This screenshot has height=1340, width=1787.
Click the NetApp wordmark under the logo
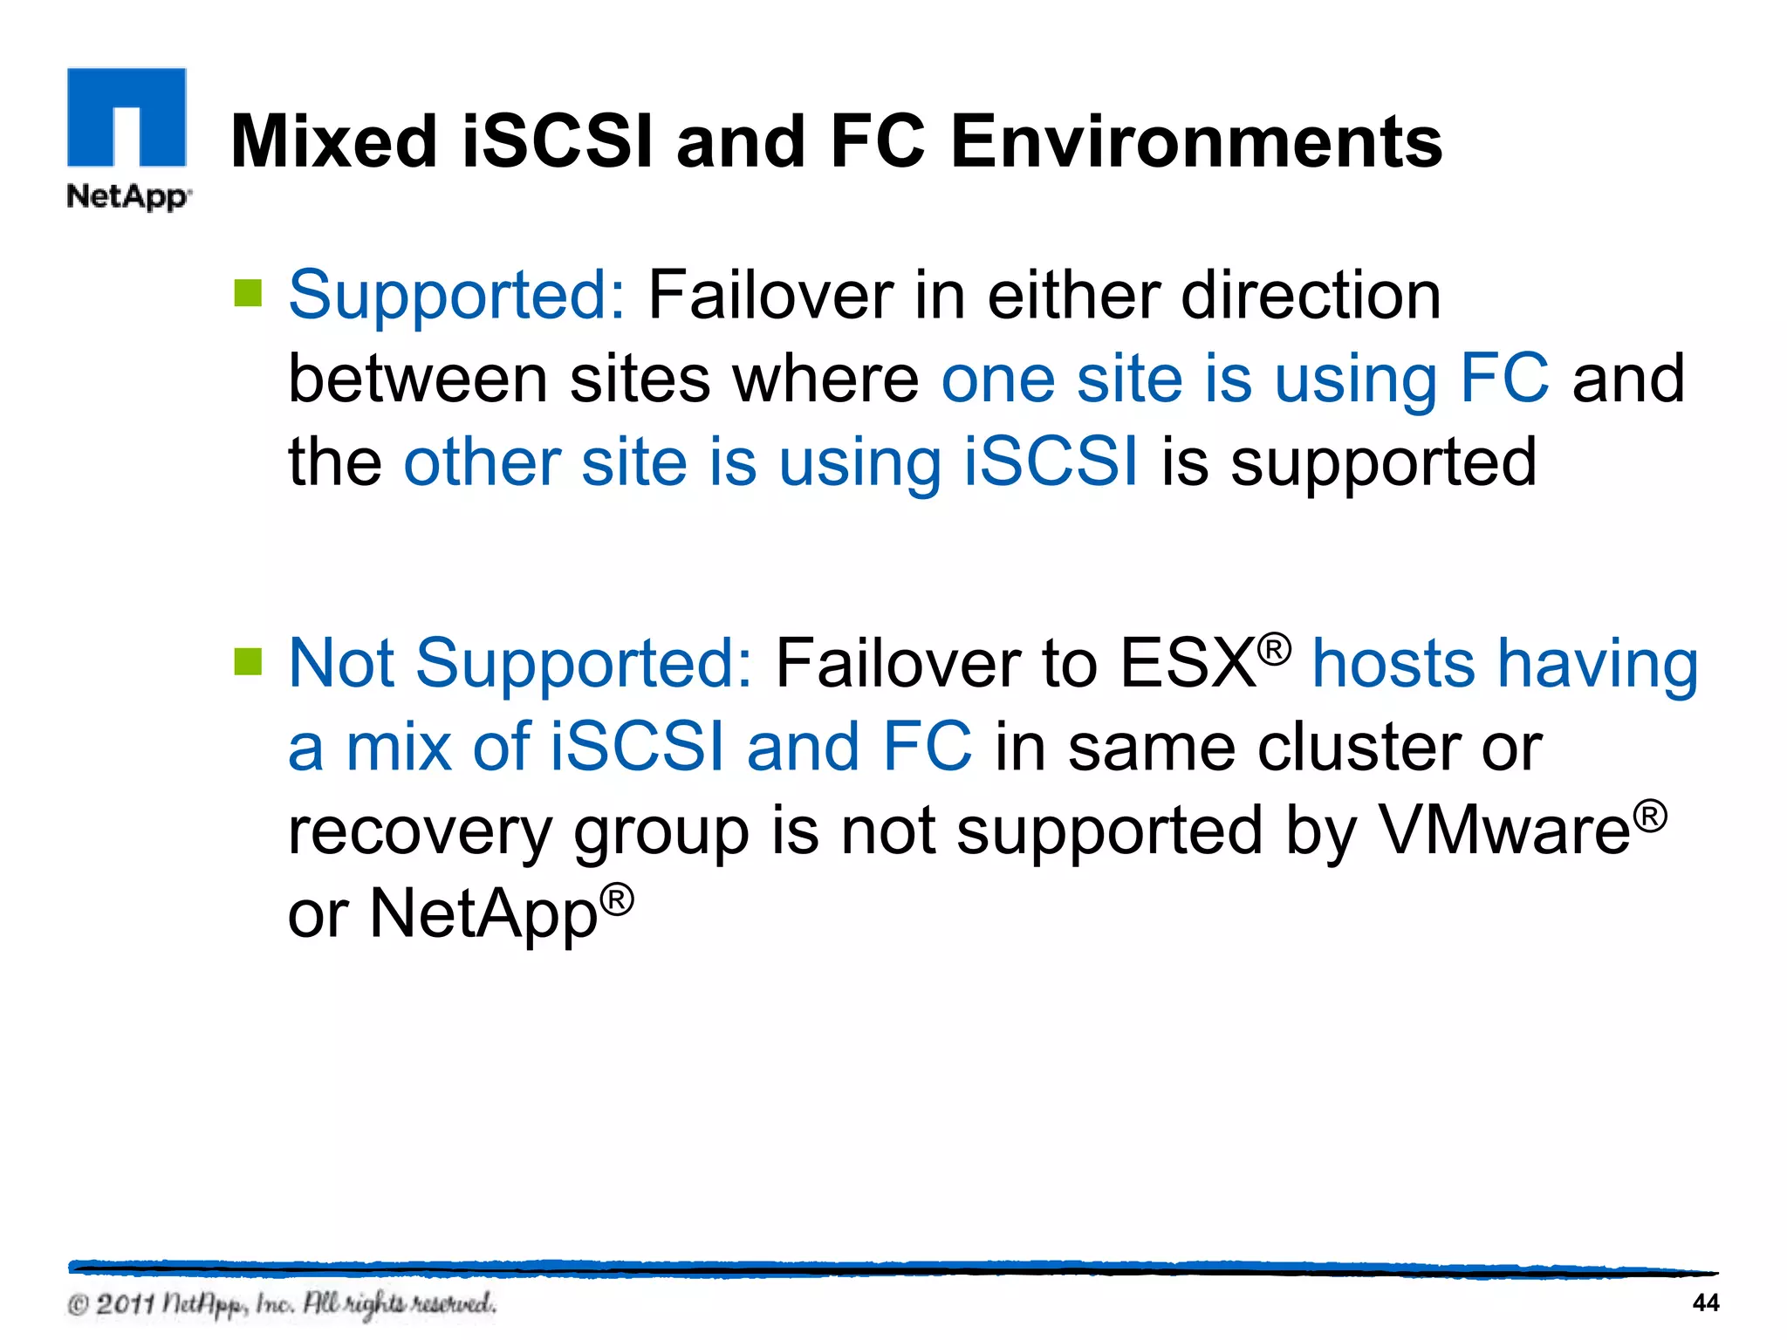128,196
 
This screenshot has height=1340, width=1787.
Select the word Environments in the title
1195,141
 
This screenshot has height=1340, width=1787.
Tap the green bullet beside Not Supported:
249,661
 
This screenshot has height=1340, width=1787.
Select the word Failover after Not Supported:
896,663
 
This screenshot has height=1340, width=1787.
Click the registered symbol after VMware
1650,817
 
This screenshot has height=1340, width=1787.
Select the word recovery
420,831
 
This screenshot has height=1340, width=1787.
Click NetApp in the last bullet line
484,914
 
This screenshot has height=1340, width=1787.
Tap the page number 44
1705,1302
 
